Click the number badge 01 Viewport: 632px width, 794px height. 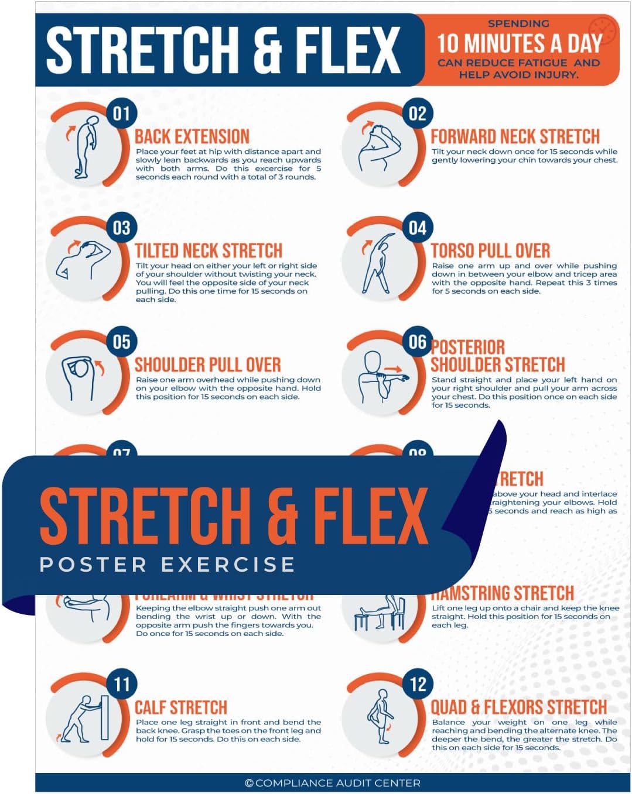(121, 113)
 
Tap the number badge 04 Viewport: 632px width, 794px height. (418, 227)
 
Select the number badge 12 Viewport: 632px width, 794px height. (418, 683)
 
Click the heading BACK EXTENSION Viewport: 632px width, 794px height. (192, 137)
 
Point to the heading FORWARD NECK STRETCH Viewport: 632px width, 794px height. (515, 137)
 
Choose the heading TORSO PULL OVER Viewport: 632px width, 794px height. (490, 251)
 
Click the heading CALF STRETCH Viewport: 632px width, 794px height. (181, 707)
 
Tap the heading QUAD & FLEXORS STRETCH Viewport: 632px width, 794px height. (518, 707)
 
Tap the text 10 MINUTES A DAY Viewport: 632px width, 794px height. (519, 43)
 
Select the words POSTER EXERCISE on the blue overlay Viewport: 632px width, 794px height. (167, 565)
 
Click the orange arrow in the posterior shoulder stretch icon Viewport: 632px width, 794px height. (394, 369)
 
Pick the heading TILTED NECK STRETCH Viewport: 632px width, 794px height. (209, 251)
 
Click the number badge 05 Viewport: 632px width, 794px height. (121, 341)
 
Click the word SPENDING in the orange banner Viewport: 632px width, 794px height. (518, 24)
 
